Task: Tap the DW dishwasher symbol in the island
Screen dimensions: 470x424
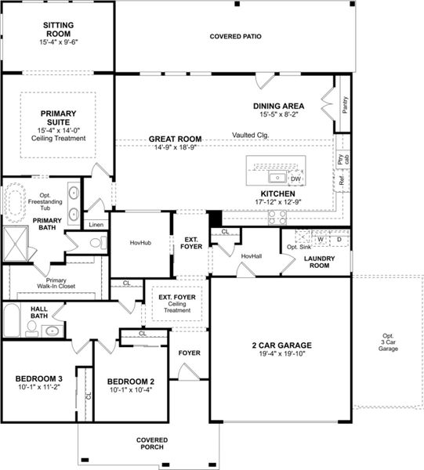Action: tap(295, 179)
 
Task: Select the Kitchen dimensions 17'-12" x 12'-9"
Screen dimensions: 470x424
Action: tap(278, 202)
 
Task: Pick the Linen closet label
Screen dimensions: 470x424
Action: tap(96, 225)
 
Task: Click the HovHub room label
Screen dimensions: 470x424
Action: tap(140, 243)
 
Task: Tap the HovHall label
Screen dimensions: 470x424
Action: tap(252, 256)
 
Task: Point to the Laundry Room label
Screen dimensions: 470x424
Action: tap(319, 261)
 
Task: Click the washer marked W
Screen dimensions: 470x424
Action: tap(321, 240)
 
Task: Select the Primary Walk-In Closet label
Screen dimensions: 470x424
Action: tap(56, 284)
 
